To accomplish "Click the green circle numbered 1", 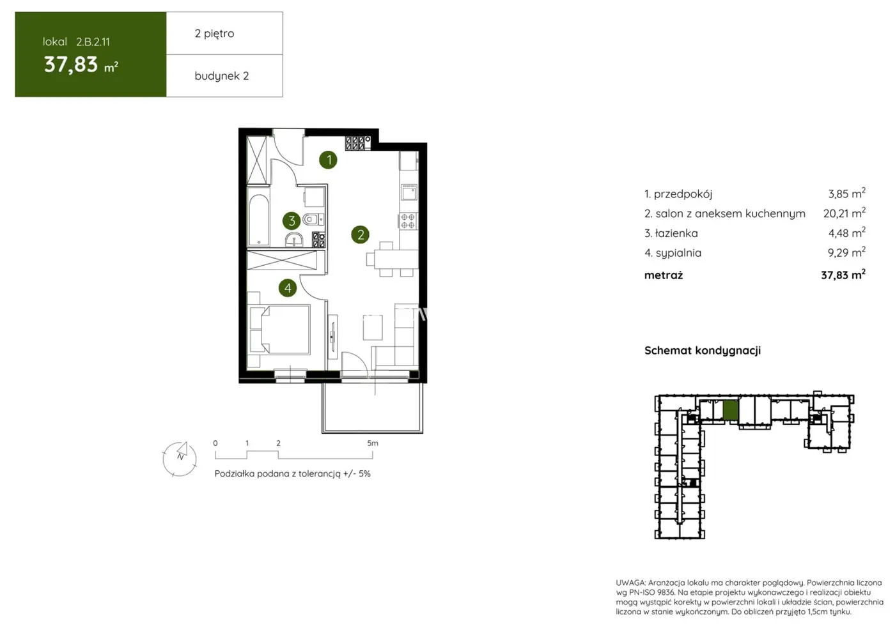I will tap(329, 160).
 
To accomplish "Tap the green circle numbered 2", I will tap(361, 234).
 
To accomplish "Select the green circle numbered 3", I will tap(292, 221).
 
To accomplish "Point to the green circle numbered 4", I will tap(288, 288).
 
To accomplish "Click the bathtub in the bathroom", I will tap(259, 219).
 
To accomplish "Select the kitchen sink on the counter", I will tap(409, 192).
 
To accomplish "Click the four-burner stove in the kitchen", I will tap(408, 221).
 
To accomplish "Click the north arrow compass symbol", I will tap(180, 458).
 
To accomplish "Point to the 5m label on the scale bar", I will tap(373, 443).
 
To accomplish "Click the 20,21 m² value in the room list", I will tap(844, 213).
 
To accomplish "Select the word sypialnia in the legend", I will tap(678, 253).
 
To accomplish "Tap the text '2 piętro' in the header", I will tap(214, 33).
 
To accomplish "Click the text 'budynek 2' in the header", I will tap(221, 76).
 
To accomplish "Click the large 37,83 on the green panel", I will tap(71, 65).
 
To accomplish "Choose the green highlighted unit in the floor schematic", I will tap(731, 410).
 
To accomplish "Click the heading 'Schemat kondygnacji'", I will tap(702, 350).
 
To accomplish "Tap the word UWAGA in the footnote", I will tap(630, 583).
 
